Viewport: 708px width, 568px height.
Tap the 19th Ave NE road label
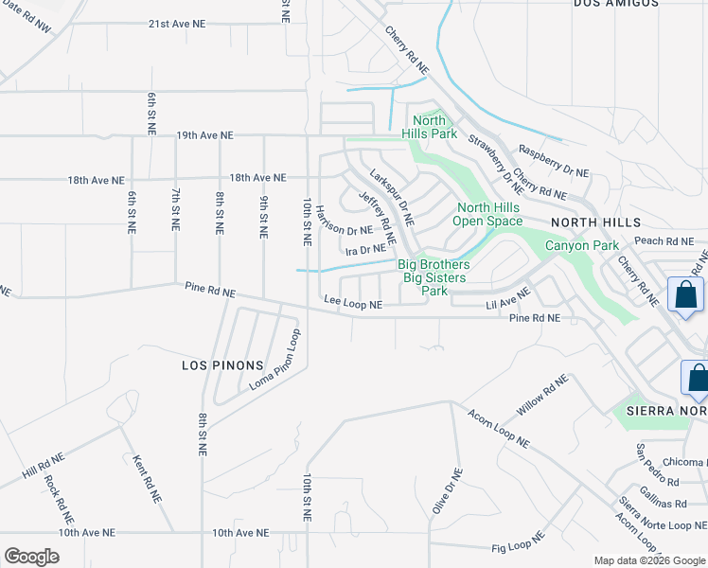(204, 135)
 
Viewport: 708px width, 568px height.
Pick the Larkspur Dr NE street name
(392, 198)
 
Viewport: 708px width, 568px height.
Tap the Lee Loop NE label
(353, 304)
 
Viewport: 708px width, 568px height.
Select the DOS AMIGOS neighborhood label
(616, 4)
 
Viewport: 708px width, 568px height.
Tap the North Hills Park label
(430, 127)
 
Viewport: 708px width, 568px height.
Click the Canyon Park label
(581, 246)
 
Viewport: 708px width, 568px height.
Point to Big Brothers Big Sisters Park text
(434, 277)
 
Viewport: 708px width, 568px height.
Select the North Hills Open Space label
(487, 214)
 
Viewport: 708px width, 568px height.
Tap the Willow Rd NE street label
(542, 398)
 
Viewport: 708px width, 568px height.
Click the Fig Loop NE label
(519, 541)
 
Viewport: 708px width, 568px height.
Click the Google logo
(31, 557)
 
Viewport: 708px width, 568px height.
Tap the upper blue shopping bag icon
(685, 294)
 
